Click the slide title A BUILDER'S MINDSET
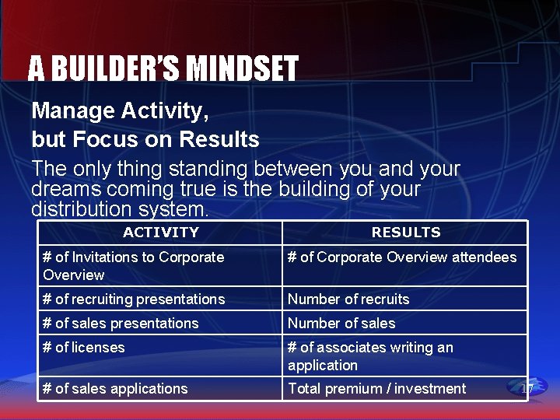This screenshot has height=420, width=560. [163, 68]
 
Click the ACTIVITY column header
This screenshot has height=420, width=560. [160, 232]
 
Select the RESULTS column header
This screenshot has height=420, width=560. [405, 232]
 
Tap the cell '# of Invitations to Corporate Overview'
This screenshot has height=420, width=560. [160, 266]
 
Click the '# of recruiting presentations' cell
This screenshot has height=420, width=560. [160, 299]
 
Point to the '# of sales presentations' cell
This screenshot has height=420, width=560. [160, 324]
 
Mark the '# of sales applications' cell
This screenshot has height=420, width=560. [160, 389]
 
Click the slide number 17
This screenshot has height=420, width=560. [527, 389]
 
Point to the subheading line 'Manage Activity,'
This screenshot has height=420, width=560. [121, 112]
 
